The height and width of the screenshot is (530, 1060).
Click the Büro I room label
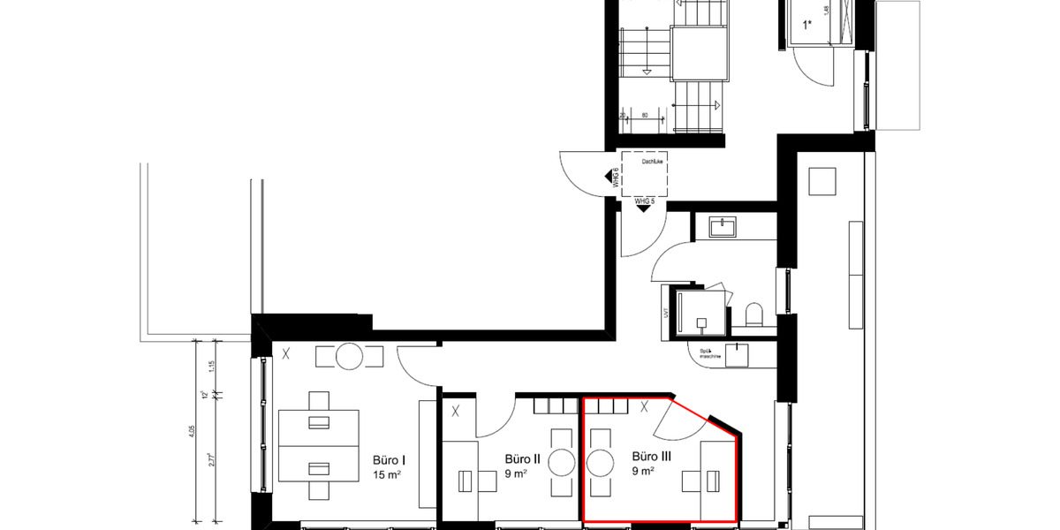coord(390,459)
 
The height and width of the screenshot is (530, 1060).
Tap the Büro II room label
coord(523,459)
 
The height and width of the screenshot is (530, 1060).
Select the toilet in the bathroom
coord(754,315)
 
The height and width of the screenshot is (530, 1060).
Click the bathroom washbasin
coord(730,227)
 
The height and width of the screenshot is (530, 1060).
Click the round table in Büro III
coord(601,463)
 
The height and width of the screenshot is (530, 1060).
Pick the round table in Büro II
coord(563,463)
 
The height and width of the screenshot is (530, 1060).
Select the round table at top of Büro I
coord(349,357)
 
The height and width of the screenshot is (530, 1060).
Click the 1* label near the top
coord(807,26)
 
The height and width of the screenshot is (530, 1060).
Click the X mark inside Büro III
coord(645,407)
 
